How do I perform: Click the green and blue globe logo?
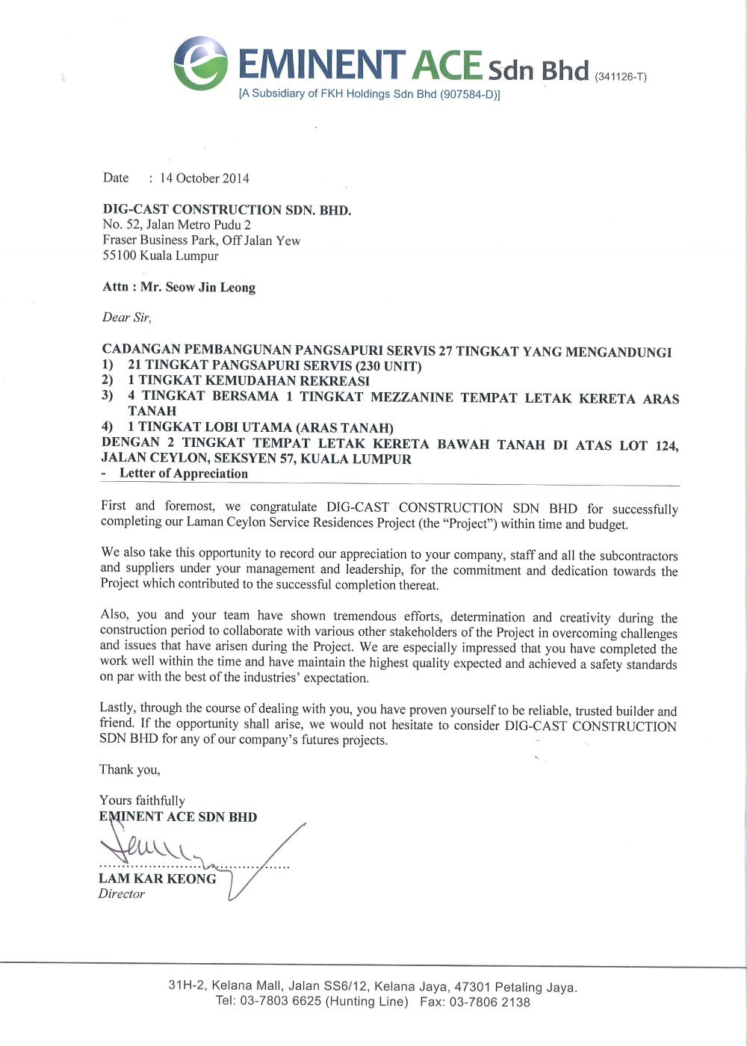coord(201,64)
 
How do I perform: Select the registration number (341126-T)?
coord(620,76)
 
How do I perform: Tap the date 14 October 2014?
coord(204,179)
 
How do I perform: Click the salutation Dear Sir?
coord(126,318)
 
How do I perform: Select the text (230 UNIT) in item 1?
coord(388,366)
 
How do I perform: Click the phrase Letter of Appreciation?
coord(184,474)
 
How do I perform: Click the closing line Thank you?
coord(129,770)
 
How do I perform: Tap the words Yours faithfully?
coord(142,800)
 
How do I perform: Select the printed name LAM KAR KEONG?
coord(157,879)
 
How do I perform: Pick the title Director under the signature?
coord(121,894)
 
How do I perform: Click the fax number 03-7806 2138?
coord(489,1002)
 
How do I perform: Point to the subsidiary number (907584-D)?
coord(468,94)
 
